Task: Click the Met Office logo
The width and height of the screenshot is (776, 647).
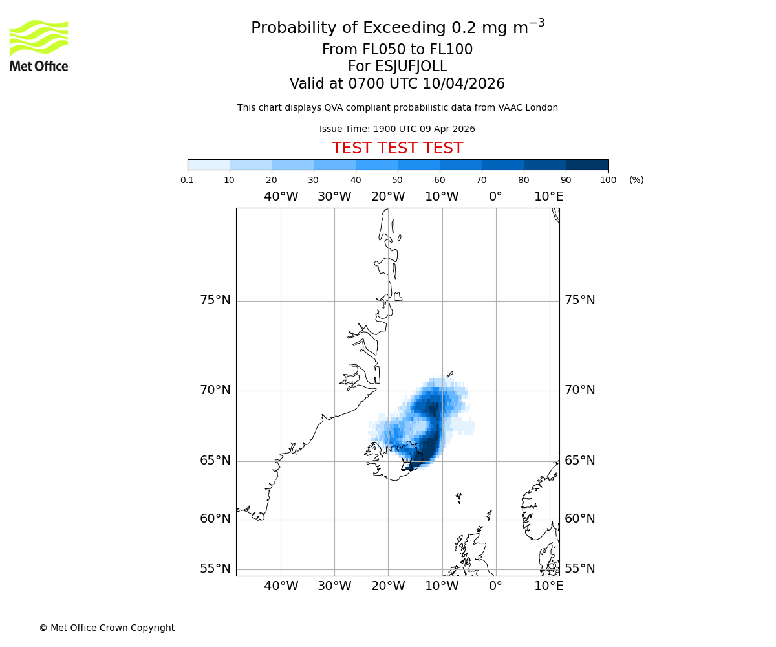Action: coord(39,45)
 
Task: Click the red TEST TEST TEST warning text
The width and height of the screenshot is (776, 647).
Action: coord(397,148)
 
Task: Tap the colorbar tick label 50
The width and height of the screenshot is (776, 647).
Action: coord(397,180)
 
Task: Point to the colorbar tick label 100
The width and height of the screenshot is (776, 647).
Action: coord(608,180)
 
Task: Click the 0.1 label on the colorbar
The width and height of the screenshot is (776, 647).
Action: coord(188,180)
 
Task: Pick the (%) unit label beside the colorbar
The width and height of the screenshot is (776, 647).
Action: coord(636,180)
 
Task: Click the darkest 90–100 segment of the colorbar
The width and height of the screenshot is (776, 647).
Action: coord(587,164)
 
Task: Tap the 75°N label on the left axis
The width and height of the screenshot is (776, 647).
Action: coord(215,300)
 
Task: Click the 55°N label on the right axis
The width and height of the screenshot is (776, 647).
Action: coord(580,569)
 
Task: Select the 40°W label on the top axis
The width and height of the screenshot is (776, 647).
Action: coord(281,197)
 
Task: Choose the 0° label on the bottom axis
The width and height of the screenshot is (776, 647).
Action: coord(495,586)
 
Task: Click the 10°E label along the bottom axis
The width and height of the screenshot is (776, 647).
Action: coord(548,586)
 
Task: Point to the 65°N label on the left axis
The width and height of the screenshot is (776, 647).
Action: coord(215,461)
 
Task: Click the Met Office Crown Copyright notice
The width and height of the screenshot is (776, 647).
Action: coord(107,628)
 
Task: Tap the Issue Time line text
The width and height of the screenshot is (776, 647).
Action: coord(397,129)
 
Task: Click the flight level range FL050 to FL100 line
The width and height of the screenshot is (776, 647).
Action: coord(397,50)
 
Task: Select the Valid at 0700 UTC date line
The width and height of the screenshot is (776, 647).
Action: coord(397,84)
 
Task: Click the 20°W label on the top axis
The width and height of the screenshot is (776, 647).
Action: coord(388,197)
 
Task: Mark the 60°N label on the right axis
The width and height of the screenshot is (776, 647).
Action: coord(580,519)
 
